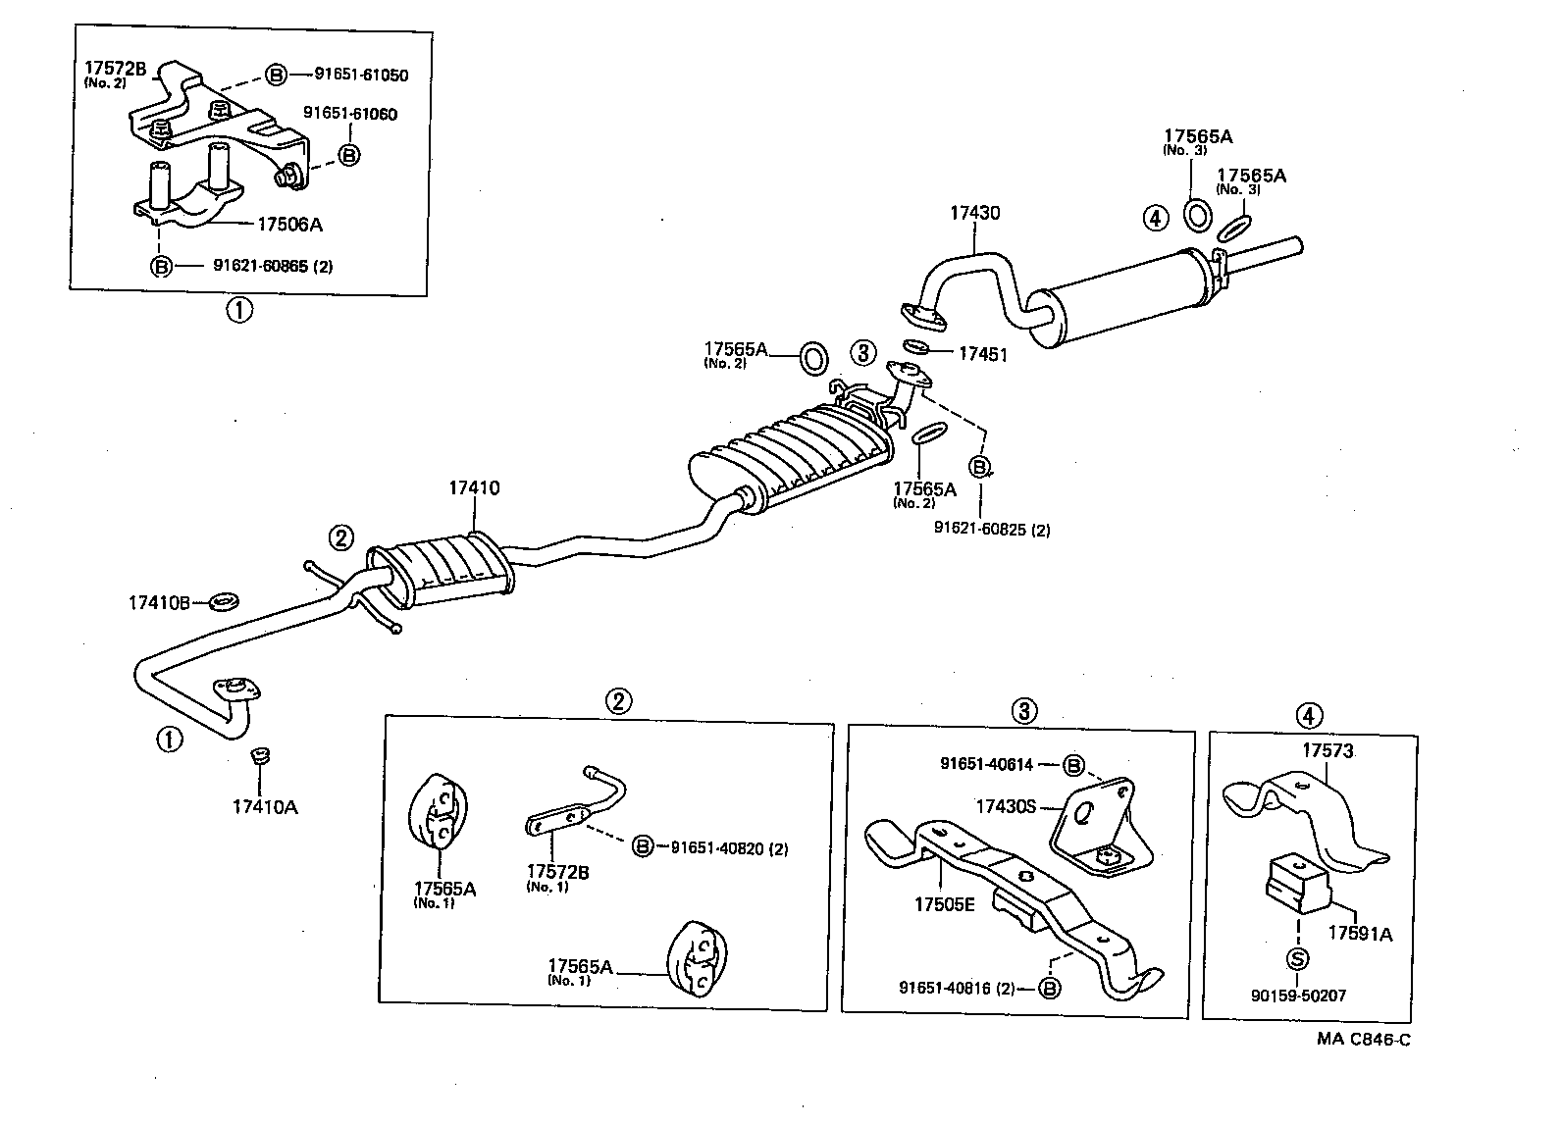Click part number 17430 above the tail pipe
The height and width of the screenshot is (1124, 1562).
click(974, 213)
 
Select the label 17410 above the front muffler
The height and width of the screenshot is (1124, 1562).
click(475, 487)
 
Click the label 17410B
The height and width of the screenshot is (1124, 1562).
click(158, 602)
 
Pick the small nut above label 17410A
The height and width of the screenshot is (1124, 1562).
click(261, 756)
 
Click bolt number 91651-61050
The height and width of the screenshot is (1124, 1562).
click(361, 75)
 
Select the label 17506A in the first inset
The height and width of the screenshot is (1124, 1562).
click(289, 225)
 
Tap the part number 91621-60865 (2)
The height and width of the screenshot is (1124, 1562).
click(273, 266)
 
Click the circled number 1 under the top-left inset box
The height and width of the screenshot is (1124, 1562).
click(239, 311)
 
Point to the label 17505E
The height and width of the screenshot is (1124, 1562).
click(944, 904)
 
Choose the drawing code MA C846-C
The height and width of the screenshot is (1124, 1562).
click(1364, 1040)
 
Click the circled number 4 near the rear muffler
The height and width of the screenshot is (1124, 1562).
click(1156, 218)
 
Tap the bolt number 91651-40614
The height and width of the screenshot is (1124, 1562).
click(986, 764)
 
